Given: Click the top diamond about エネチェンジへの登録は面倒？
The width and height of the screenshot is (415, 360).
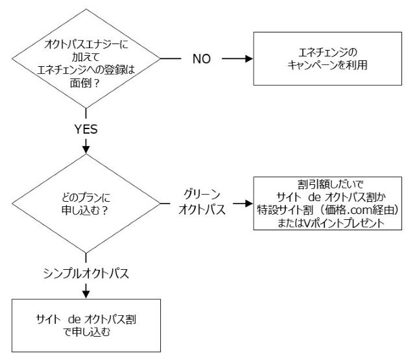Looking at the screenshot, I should pos(86,58).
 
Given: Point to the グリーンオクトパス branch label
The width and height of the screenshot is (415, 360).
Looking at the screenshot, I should pos(202,203).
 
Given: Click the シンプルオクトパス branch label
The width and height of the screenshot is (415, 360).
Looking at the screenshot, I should pos(86,273).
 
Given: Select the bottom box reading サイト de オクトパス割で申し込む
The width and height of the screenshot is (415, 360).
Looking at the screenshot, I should pos(86,325).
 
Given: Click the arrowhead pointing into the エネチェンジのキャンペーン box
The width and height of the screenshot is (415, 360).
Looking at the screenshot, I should pos(248,58).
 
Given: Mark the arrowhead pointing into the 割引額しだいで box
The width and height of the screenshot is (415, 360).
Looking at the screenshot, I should pos(248,204).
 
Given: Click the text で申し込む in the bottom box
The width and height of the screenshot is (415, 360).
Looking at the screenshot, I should pos(86,332).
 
